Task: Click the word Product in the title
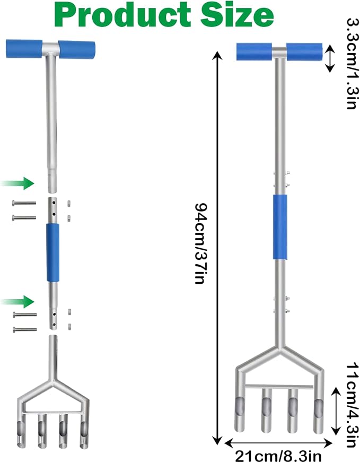pyautogui.click(x=123, y=15)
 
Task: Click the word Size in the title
pyautogui.click(x=237, y=15)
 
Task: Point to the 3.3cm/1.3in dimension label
pyautogui.click(x=353, y=64)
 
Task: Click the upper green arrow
pyautogui.click(x=17, y=184)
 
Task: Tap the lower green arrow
pyautogui.click(x=17, y=301)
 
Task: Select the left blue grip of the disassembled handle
pyautogui.click(x=24, y=49)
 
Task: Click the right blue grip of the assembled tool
pyautogui.click(x=304, y=52)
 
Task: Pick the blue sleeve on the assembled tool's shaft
pyautogui.click(x=280, y=227)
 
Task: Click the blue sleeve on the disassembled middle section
pyautogui.click(x=53, y=252)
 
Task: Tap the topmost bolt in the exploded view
pyautogui.click(x=24, y=203)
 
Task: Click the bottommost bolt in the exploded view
pyautogui.click(x=25, y=329)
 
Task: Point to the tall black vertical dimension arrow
pyautogui.click(x=217, y=248)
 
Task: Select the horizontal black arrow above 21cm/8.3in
pyautogui.click(x=278, y=443)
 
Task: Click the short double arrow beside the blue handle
pyautogui.click(x=330, y=58)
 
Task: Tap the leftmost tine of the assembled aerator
pyautogui.click(x=240, y=413)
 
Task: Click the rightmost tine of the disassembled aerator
pyautogui.click(x=84, y=433)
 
